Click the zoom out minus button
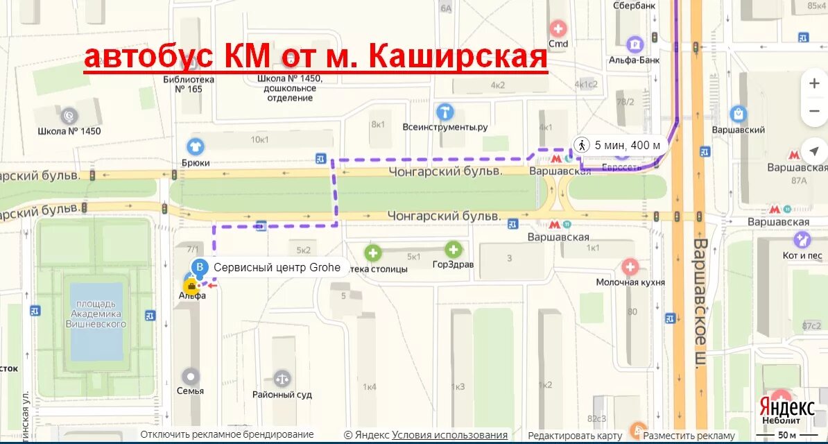813,111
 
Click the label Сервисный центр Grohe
277,268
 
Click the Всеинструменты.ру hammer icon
445,112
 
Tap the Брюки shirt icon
195,146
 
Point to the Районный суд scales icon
282,378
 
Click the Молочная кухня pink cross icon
630,266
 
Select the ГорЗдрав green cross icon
454,249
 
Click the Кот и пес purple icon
802,240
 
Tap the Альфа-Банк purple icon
635,45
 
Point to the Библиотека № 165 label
188,84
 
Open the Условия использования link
449,435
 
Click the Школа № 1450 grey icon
69,115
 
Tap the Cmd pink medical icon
558,29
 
